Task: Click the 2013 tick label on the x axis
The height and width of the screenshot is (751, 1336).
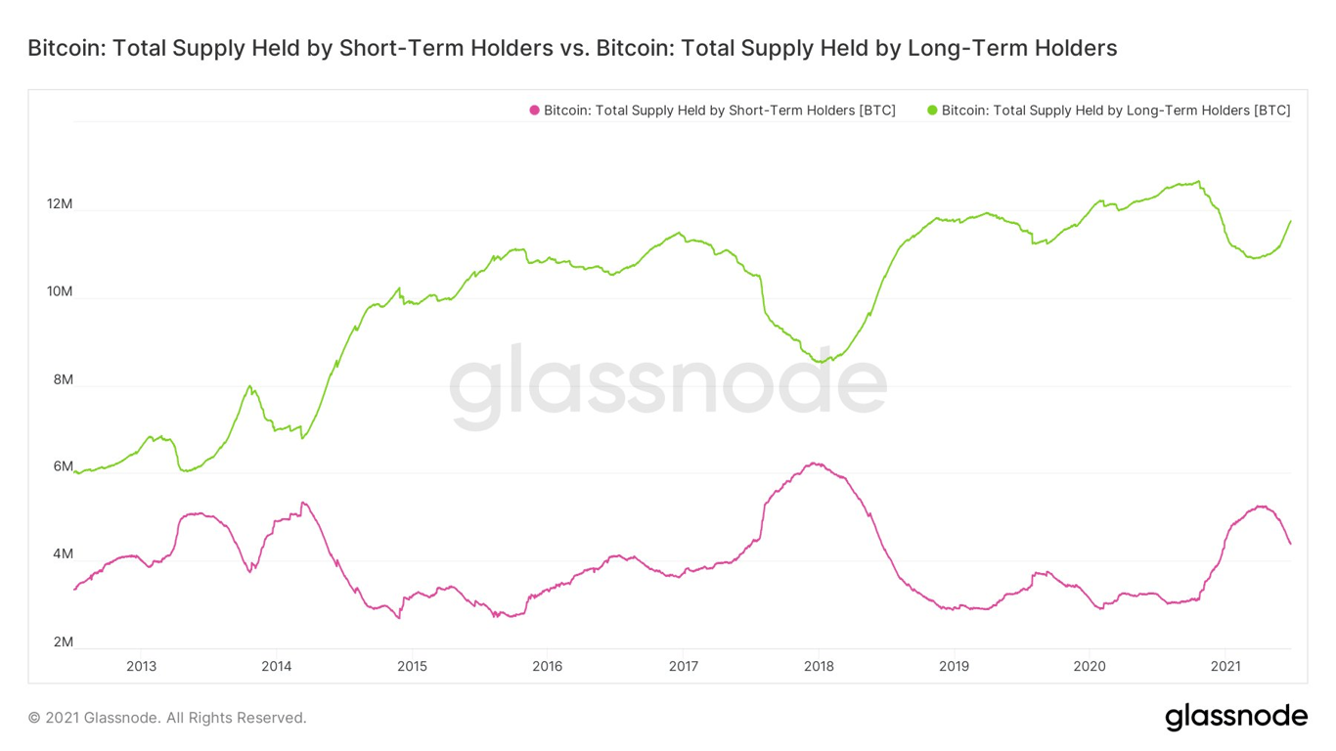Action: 141,667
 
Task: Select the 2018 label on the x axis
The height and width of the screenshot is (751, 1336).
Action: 819,667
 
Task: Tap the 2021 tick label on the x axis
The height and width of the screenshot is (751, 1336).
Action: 1225,667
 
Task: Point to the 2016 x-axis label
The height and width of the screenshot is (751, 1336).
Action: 547,667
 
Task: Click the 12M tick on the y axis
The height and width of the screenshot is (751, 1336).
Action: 60,204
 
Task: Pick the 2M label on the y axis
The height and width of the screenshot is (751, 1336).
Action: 63,642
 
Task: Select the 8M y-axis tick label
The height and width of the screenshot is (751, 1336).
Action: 63,379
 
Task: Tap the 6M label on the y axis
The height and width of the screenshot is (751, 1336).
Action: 63,466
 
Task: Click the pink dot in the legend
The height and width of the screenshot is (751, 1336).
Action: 534,110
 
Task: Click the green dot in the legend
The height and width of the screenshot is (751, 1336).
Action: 932,110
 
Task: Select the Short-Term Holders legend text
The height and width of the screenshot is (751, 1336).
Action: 719,110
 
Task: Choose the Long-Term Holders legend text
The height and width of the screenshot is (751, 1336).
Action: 1115,110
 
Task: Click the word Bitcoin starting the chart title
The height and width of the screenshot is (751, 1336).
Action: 65,48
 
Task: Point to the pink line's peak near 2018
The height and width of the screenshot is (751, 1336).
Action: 814,464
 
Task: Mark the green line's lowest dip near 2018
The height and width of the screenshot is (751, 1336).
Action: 822,362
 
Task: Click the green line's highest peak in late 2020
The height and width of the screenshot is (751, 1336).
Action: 1199,181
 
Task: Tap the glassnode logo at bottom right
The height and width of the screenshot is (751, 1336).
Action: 1236,717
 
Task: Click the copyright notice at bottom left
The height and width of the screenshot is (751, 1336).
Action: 167,718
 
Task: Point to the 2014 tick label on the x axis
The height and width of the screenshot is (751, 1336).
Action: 276,667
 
